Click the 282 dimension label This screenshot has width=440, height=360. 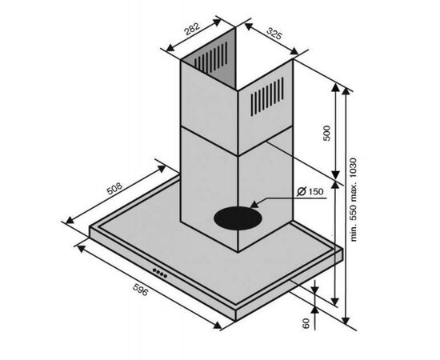(192, 29)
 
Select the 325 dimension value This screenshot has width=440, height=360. (274, 34)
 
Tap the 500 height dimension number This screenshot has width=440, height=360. (327, 133)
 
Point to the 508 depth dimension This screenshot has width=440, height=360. (114, 189)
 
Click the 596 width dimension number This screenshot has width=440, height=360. (140, 290)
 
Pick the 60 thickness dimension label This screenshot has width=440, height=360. (306, 323)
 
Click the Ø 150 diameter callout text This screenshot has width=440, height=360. (310, 192)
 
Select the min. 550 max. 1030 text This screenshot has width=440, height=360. (354, 199)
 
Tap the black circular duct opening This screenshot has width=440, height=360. (238, 218)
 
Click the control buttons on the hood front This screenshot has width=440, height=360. (160, 273)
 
